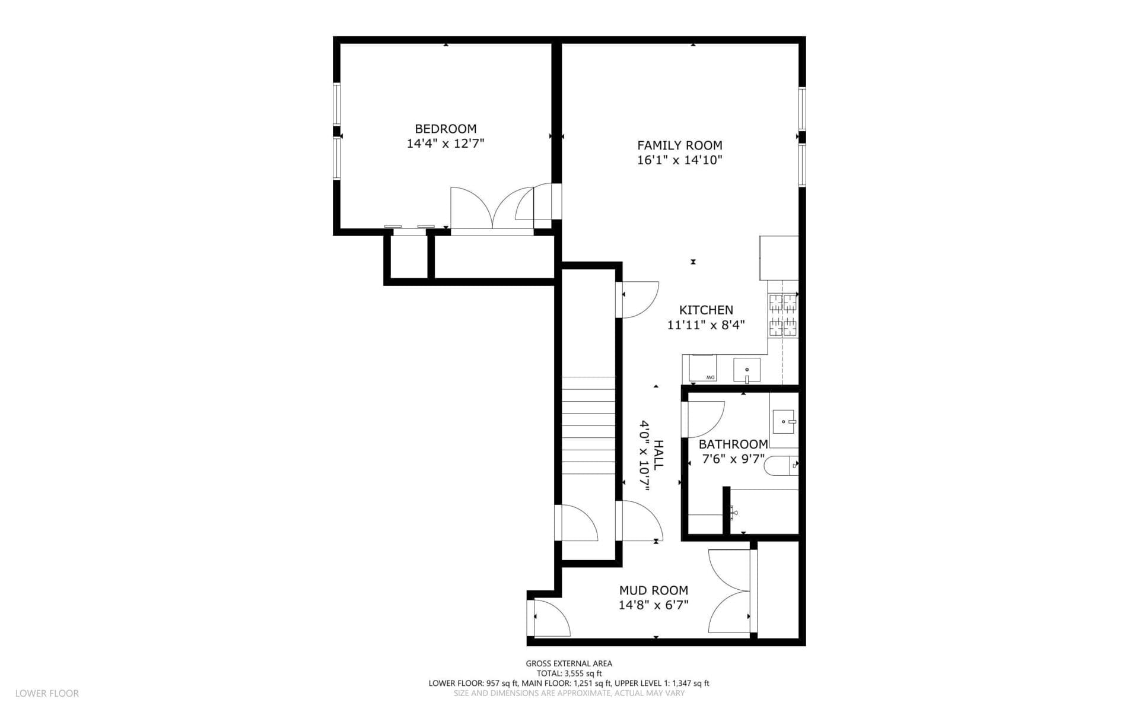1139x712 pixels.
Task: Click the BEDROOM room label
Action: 446,129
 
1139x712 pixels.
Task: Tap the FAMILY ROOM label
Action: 680,145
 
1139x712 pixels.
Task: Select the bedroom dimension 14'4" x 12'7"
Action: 446,144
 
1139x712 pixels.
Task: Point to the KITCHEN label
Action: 706,310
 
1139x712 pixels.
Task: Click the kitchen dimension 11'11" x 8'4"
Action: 706,325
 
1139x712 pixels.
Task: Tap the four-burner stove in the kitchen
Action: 783,316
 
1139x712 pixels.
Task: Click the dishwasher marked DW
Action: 702,368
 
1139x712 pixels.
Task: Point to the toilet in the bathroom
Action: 781,466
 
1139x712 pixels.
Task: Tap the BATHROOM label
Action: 733,444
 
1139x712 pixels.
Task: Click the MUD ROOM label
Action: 654,590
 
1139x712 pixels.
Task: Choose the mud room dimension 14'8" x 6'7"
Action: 654,605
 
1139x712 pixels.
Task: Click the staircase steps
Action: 588,434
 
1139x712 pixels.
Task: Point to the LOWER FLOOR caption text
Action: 47,693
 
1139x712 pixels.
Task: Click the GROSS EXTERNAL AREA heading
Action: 569,664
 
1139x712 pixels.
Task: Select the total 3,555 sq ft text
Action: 569,673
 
